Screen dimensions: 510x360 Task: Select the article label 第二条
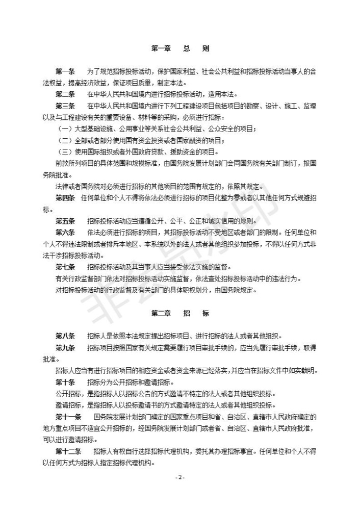(x=65, y=94)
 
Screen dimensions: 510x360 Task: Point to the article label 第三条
(x=65, y=106)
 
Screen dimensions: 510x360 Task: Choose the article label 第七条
(x=65, y=267)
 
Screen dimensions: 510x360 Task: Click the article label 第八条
(x=65, y=336)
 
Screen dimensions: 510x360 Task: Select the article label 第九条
(x=65, y=348)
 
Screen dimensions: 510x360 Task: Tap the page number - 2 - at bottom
(x=180, y=477)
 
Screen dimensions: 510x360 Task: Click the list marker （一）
(x=66, y=129)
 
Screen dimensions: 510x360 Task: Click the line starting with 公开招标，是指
(x=166, y=394)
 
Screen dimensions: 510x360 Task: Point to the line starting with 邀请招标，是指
(x=166, y=405)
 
